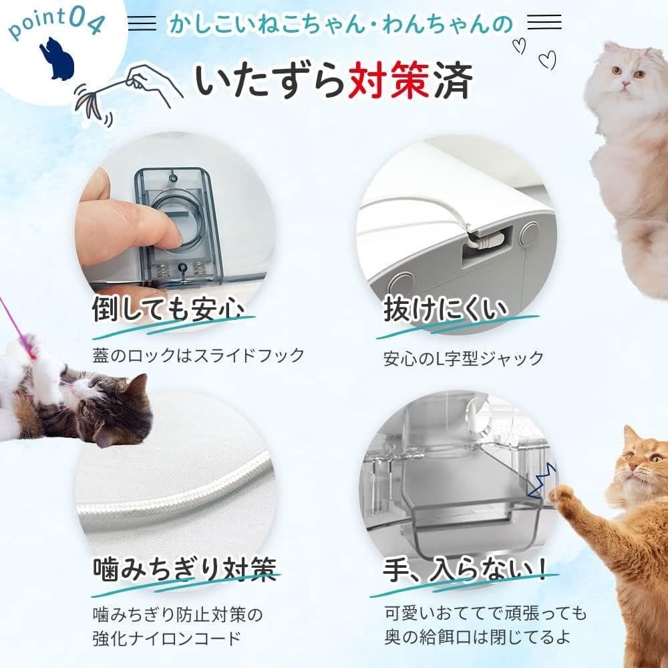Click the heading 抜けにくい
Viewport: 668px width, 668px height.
tap(446, 310)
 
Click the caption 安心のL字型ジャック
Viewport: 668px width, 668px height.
tap(463, 357)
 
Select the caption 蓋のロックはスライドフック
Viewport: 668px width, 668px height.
tap(198, 355)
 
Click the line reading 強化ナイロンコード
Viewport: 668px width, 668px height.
tap(166, 638)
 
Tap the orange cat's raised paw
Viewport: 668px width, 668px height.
tap(562, 494)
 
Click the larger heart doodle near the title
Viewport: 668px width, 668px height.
tap(548, 60)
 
